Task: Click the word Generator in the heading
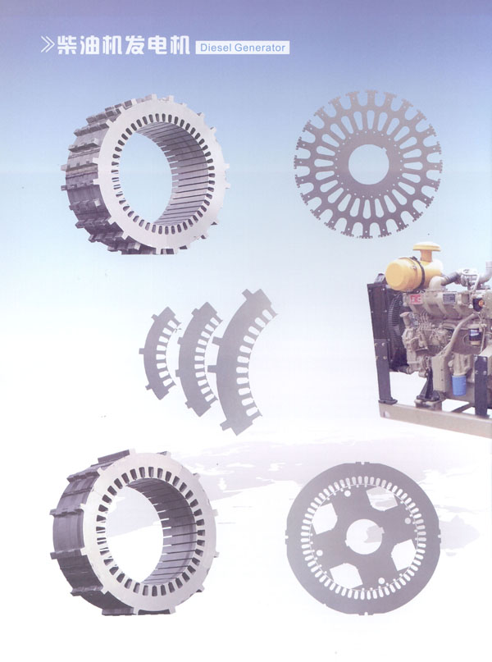coord(260,48)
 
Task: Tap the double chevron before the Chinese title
coord(48,45)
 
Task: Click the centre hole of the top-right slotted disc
coord(368,164)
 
